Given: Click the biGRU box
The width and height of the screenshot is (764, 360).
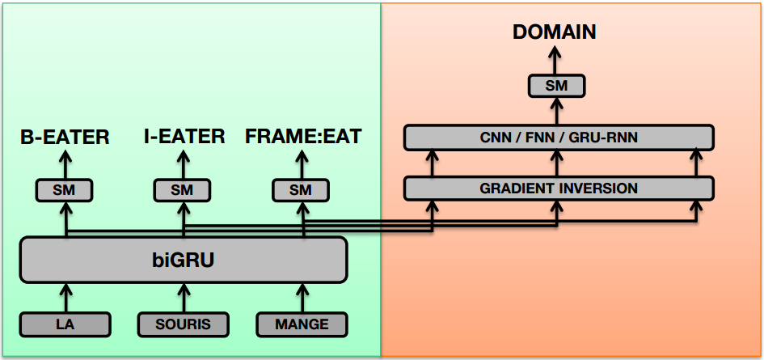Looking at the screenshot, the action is tap(184, 260).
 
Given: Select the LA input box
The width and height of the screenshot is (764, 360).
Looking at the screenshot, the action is tap(65, 324).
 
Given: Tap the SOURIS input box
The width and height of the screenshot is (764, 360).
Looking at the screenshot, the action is tap(184, 324).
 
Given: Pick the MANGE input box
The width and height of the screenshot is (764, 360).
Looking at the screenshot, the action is tap(302, 324).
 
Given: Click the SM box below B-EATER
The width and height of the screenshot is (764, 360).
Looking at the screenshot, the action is tap(65, 190).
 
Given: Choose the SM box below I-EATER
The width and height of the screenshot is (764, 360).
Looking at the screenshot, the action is tap(182, 190).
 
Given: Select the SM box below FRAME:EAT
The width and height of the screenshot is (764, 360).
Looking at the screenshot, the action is tap(301, 190).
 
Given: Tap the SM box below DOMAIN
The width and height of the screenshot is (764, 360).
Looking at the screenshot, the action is tap(556, 87).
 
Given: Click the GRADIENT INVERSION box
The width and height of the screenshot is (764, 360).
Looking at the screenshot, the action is tap(559, 188).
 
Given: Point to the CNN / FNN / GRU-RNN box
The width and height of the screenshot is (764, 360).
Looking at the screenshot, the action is tap(559, 137).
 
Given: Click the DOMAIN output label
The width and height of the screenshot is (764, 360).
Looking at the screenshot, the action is tap(555, 32).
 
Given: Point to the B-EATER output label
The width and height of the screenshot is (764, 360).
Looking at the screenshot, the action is tap(65, 137).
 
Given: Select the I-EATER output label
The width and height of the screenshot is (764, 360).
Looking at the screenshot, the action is tap(184, 137).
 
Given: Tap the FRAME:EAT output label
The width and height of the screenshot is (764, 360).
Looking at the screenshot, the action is tap(303, 137).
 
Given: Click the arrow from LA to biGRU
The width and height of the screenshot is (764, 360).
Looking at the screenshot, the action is tap(65, 298).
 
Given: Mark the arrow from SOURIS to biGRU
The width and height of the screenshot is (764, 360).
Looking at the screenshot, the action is tap(184, 298).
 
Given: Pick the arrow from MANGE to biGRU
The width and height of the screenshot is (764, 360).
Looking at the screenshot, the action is tap(302, 298).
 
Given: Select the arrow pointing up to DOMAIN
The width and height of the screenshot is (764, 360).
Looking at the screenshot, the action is tap(556, 61).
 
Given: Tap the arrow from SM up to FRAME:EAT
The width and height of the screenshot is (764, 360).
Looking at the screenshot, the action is tap(302, 165).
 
